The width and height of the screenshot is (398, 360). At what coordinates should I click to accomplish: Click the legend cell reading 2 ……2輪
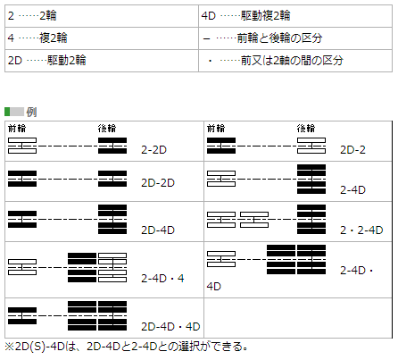(102, 16)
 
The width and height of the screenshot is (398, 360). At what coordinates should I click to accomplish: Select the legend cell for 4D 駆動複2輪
(295, 16)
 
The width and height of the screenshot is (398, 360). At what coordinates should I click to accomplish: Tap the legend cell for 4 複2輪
(102, 38)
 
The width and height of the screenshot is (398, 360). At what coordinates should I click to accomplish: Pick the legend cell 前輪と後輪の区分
(295, 38)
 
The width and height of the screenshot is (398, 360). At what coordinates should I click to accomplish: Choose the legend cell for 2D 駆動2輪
(102, 61)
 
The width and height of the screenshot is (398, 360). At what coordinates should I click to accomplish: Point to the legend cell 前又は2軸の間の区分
(295, 61)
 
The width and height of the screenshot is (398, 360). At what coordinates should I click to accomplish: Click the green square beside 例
(7, 112)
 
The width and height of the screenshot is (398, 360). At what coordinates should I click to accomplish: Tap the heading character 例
(31, 112)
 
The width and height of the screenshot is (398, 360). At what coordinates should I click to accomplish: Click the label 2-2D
(153, 149)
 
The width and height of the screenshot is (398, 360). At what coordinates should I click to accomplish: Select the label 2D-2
(352, 149)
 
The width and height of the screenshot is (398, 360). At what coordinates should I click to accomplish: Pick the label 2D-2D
(158, 182)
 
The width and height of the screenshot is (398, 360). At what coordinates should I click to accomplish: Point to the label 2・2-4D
(361, 230)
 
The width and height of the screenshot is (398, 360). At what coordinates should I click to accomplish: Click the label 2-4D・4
(162, 278)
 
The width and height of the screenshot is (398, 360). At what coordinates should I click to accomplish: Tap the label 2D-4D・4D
(170, 326)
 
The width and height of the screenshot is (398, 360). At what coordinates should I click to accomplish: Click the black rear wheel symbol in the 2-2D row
(112, 146)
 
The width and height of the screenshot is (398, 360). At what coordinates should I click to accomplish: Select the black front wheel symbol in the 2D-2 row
(221, 146)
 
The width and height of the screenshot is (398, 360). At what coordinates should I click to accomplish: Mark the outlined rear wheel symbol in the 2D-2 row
(311, 146)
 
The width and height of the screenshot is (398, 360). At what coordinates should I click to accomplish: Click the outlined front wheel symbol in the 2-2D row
(22, 146)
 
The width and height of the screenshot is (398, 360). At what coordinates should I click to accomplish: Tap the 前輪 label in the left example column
(17, 129)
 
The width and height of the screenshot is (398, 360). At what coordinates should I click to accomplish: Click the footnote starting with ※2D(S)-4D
(126, 347)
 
